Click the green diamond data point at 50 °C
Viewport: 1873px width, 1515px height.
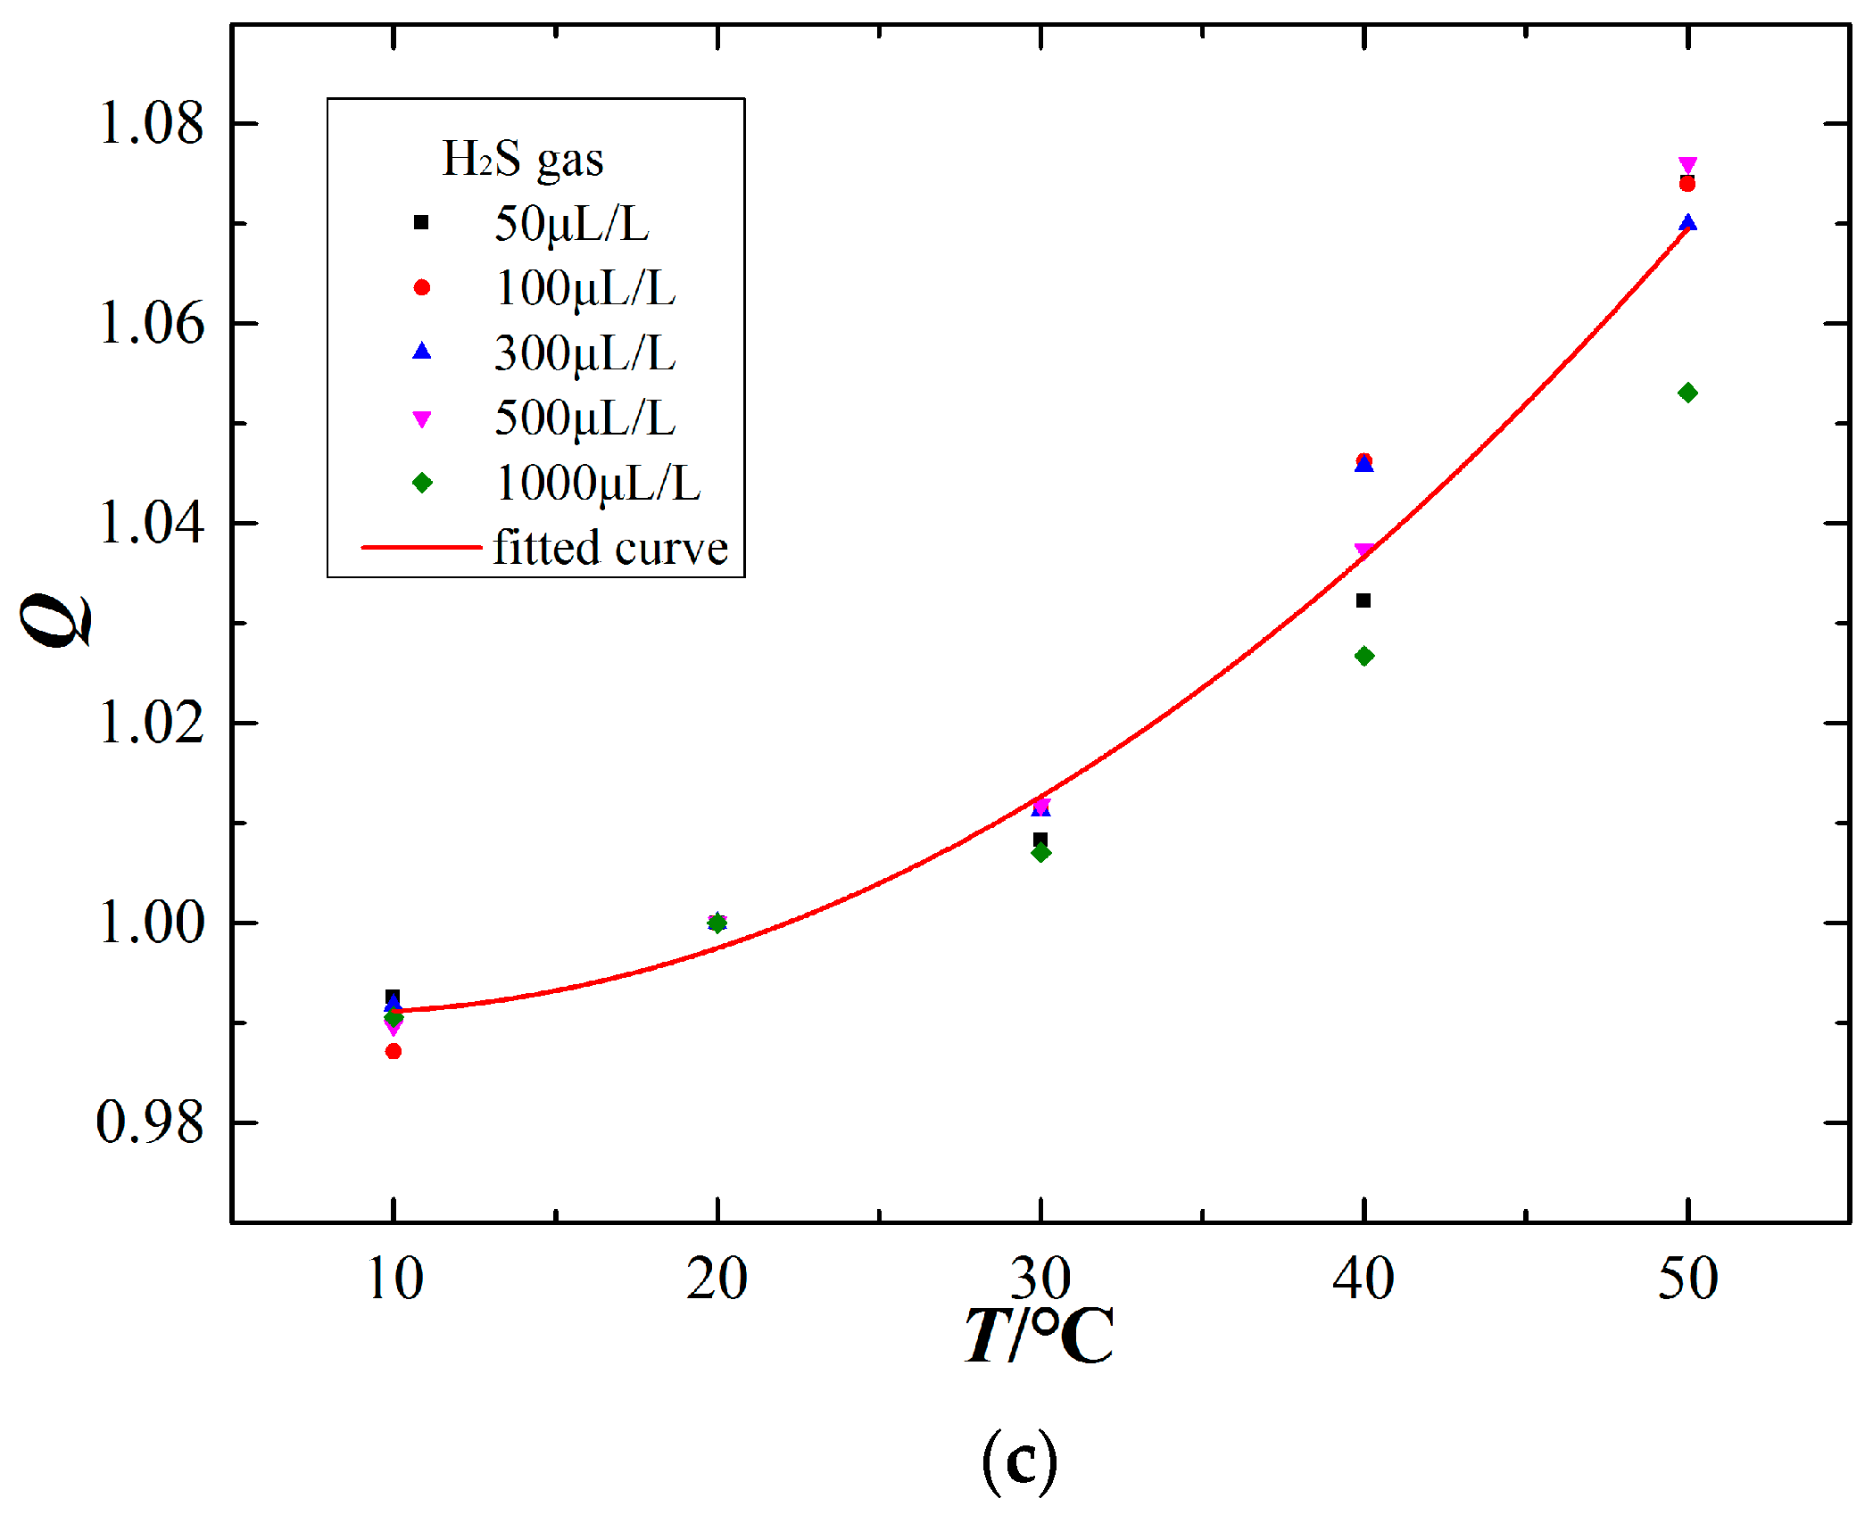pos(1687,393)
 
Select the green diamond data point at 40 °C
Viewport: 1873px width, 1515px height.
pos(1364,657)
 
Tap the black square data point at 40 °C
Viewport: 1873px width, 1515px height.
pos(1363,600)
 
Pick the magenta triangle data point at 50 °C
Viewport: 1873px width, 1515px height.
pos(1687,165)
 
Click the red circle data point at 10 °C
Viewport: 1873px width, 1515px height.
pos(394,1051)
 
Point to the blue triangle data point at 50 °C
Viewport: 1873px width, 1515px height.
pos(1687,222)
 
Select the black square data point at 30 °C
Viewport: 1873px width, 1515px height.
pos(1040,839)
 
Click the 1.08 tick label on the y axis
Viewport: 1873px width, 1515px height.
pos(151,123)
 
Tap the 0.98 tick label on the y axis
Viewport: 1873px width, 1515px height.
pos(150,1122)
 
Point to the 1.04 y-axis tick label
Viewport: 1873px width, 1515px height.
pos(151,523)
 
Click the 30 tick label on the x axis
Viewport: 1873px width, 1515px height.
pos(1040,1278)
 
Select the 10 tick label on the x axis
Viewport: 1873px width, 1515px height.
pos(394,1278)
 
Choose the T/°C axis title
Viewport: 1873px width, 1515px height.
pos(1040,1336)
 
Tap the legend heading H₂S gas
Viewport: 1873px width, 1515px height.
pos(523,160)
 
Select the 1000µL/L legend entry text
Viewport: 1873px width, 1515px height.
pos(598,484)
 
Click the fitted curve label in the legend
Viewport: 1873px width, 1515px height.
pos(610,548)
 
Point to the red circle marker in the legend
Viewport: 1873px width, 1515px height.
pos(422,287)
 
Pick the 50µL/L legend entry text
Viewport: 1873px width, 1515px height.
pos(572,223)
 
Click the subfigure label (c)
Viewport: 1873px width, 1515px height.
pos(1020,1460)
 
